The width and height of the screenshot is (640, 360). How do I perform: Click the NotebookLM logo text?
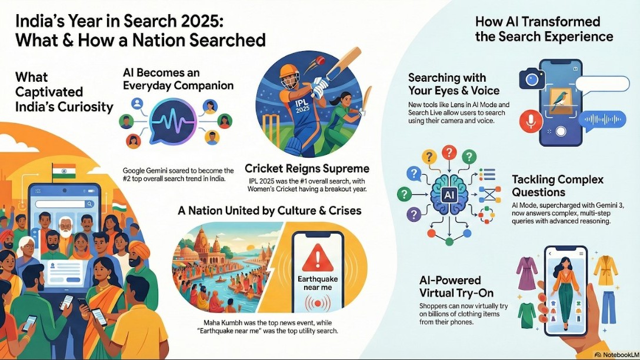pyautogui.click(x=616, y=355)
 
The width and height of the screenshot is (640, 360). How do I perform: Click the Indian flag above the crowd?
pyautogui.click(x=64, y=172)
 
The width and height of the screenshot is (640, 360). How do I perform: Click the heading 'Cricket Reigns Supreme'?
pyautogui.click(x=306, y=168)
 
